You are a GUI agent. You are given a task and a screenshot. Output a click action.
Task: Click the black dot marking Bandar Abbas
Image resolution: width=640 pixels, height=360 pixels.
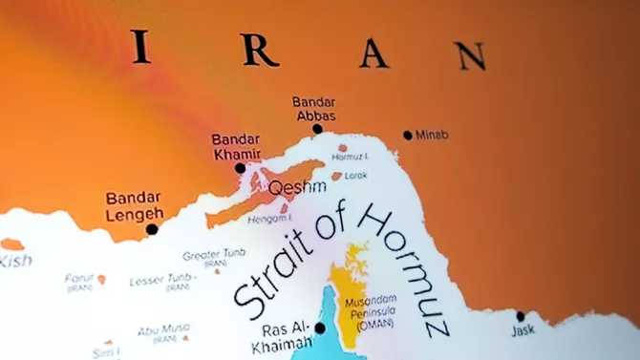[x=317, y=129]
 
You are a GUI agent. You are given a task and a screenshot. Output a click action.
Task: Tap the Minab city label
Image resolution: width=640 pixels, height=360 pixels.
[x=432, y=135]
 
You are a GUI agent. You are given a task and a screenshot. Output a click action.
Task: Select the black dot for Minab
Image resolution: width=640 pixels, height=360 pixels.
[x=408, y=135]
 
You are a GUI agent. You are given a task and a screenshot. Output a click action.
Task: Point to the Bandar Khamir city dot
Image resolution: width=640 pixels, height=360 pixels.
[x=240, y=167]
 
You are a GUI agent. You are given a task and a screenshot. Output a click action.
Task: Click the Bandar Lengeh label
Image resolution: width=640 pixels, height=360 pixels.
[x=134, y=205]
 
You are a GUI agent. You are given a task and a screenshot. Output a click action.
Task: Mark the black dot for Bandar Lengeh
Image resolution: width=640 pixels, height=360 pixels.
[x=152, y=229]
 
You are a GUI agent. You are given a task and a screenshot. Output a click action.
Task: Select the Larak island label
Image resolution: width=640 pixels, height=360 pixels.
[x=355, y=176]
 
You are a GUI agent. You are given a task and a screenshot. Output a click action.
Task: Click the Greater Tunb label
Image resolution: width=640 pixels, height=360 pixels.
[x=214, y=255]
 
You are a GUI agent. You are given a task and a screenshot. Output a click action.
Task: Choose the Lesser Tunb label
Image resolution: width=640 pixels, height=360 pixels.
[x=166, y=280]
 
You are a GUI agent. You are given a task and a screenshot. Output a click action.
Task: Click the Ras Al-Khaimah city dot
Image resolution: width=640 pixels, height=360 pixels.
[x=320, y=328]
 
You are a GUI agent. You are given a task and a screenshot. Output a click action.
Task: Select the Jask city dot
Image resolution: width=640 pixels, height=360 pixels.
[x=521, y=316]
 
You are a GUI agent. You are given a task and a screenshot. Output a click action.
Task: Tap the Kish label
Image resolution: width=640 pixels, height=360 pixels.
[x=16, y=260]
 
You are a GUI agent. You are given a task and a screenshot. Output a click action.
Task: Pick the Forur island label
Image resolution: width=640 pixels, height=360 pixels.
[x=78, y=279]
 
